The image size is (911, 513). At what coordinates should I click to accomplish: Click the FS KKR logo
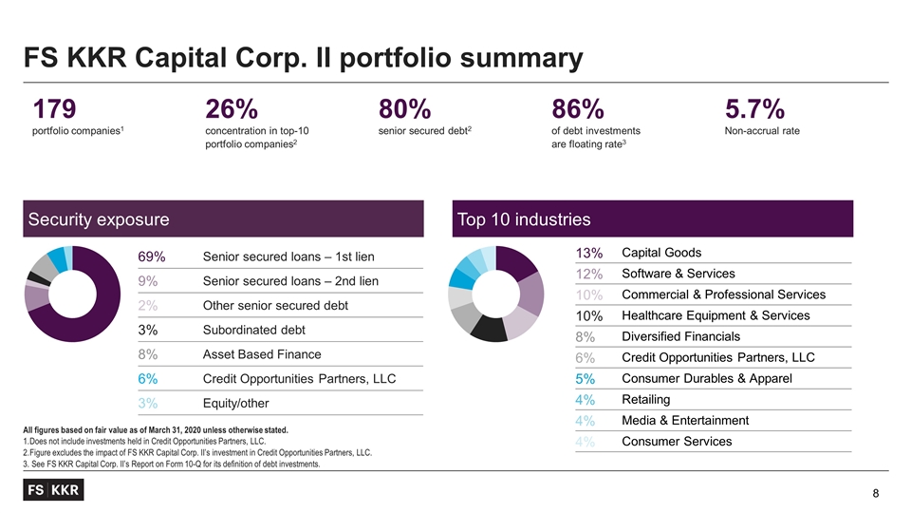53,490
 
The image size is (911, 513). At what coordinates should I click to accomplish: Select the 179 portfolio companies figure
55,108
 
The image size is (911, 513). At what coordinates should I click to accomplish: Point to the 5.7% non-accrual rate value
755,108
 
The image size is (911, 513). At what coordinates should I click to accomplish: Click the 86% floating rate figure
577,108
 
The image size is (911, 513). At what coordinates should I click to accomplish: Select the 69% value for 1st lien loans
152,256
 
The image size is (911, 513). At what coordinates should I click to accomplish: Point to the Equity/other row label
235,404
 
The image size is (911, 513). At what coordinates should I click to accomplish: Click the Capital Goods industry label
661,252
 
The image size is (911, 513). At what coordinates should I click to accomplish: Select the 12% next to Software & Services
587,274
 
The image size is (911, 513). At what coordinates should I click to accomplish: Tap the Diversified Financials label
680,336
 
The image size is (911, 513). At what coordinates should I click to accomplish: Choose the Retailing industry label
645,399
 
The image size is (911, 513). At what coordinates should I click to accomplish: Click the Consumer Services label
676,441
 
